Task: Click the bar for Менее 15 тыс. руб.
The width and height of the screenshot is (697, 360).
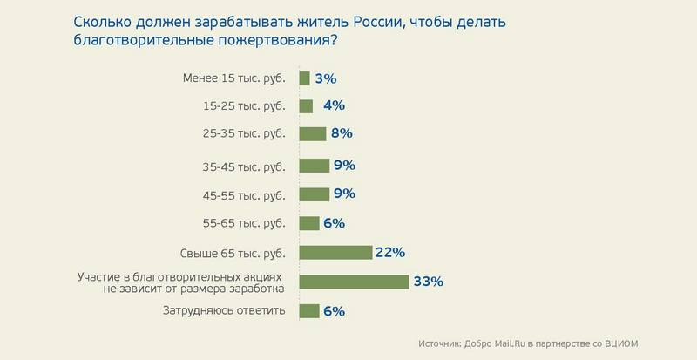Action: pos(304,78)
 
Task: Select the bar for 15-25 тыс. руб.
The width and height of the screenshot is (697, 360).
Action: pos(306,106)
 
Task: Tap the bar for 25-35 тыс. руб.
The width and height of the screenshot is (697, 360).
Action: pos(312,133)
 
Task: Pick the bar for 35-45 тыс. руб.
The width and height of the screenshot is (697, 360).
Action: pos(314,166)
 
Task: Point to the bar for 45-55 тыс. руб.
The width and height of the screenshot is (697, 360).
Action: pos(314,194)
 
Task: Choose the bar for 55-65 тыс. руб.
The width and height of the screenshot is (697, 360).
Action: pos(309,222)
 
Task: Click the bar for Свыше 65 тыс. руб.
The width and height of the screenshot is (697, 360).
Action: pos(335,253)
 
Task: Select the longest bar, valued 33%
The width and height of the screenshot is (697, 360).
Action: pos(354,282)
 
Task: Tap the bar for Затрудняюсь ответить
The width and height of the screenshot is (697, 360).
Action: pos(309,311)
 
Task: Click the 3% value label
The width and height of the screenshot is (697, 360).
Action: pos(326,78)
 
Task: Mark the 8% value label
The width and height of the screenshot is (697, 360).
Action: pos(341,133)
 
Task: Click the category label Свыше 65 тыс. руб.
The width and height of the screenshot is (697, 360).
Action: pos(238,253)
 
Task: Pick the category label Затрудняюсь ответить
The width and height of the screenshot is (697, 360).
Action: pos(225,311)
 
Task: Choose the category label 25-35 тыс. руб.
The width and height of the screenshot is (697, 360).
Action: pos(238,133)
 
